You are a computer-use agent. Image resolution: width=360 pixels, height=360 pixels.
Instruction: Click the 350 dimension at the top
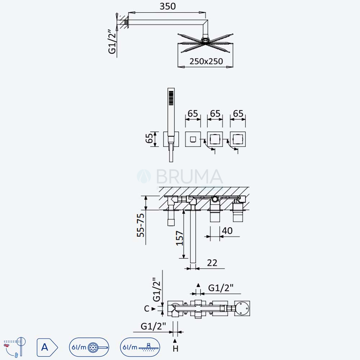pos(168,6)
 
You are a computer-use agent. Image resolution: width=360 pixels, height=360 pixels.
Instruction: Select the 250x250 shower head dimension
pos(206,61)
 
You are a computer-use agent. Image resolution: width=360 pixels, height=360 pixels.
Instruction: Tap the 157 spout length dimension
pos(180,238)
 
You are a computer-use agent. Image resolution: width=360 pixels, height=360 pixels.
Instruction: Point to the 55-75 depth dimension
pos(140,225)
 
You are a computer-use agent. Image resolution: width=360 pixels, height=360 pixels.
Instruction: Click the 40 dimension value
pos(227,230)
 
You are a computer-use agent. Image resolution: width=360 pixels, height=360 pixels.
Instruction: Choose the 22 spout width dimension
pos(212,263)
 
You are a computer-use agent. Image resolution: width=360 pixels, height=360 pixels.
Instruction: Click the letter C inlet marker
pos(147,309)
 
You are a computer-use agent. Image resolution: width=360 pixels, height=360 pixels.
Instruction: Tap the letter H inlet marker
pos(175,349)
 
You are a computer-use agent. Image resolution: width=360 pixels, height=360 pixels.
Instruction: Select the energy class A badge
pos(47,347)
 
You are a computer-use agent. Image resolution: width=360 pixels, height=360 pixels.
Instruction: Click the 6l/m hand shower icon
pos(89,347)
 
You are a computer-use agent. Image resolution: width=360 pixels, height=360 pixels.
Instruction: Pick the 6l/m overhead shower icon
pos(140,347)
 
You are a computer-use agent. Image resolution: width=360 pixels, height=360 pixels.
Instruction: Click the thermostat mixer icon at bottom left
pos(15,347)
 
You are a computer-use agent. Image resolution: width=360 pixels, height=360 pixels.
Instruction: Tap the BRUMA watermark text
pos(189,176)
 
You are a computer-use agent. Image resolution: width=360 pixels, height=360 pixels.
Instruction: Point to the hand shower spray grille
pos(171,98)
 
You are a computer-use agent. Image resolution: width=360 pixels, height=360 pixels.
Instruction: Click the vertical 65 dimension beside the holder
pos(149,139)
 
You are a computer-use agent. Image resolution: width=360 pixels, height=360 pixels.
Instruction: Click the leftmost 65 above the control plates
pos(193,113)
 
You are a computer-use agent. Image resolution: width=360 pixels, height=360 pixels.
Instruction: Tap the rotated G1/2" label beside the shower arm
pos(112,41)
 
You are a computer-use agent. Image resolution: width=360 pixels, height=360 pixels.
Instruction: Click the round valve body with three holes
pos(242,309)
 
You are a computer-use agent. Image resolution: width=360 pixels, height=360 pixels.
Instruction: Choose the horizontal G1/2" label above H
pos(153,326)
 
